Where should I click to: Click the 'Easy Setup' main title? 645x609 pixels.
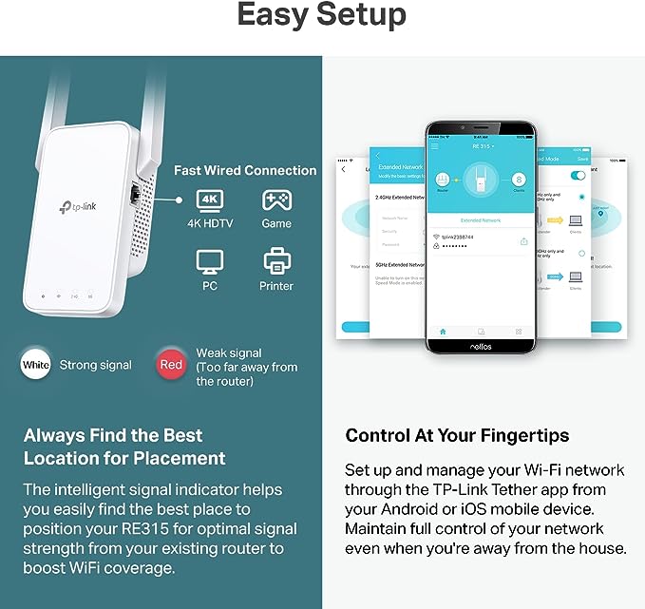pos(322,15)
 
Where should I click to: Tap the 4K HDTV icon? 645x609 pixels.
pos(210,200)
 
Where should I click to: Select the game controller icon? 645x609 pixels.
pos(276,200)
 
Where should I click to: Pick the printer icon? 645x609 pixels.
pos(276,259)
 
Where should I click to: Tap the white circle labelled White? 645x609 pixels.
pos(35,365)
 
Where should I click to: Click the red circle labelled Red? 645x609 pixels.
pos(171,365)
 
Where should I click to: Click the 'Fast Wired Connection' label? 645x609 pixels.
pos(245,171)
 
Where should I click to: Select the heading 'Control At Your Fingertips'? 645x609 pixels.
pos(457,436)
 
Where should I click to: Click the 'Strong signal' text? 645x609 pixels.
pos(96,365)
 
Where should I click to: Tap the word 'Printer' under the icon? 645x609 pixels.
pos(276,286)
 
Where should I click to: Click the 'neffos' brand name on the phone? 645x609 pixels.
pos(480,348)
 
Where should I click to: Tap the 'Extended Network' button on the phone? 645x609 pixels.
pos(480,219)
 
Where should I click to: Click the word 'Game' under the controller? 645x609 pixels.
pos(276,224)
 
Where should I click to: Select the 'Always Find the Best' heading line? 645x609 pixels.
pos(113,435)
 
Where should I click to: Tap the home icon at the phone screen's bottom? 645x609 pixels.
pos(441,331)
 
